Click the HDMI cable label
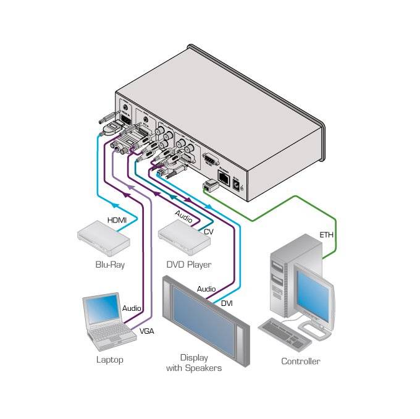(117, 220)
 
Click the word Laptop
(110, 359)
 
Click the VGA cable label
(146, 331)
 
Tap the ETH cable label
(325, 235)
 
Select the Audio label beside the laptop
(132, 308)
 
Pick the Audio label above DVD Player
(183, 218)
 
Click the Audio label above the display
(206, 289)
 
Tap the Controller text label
(301, 362)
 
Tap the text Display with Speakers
(193, 363)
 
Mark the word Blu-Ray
(109, 265)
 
